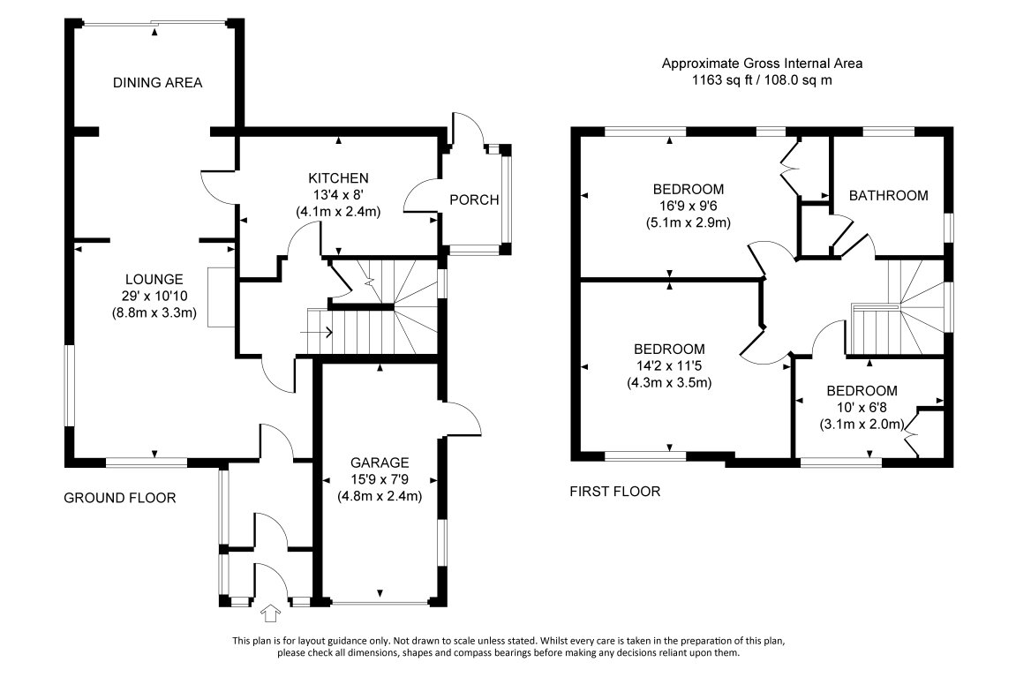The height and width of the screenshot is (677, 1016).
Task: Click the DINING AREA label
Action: tap(157, 83)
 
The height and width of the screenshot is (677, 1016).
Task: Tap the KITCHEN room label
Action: tap(338, 177)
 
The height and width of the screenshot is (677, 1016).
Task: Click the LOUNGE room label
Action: tap(154, 278)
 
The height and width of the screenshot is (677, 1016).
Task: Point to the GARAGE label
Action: tap(380, 462)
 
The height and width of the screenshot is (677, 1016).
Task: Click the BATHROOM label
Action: tap(888, 195)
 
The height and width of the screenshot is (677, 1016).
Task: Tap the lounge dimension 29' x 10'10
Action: tap(154, 295)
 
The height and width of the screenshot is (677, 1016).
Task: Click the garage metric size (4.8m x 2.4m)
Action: tap(380, 495)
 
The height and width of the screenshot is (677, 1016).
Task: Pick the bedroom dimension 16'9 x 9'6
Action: tap(688, 206)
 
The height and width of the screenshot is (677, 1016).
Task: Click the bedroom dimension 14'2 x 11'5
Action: tap(669, 365)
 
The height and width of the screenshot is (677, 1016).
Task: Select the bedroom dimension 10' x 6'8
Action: tap(862, 407)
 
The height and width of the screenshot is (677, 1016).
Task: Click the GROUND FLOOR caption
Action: tap(120, 498)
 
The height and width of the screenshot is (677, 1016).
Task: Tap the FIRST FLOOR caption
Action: tap(615, 491)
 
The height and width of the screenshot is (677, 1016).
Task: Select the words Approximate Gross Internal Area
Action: tap(762, 63)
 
